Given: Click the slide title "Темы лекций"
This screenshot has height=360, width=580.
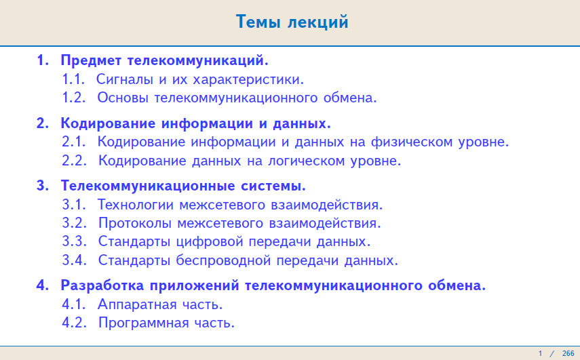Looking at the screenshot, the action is pyautogui.click(x=292, y=22).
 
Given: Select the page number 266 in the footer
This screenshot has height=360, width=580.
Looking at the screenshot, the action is pyautogui.click(x=568, y=353).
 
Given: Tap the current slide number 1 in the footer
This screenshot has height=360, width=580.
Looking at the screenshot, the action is pyautogui.click(x=540, y=353).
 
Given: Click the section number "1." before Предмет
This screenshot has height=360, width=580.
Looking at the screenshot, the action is pyautogui.click(x=43, y=60).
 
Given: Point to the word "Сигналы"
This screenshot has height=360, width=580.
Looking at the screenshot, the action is pyautogui.click(x=125, y=79).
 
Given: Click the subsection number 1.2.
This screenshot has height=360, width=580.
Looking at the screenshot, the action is pyautogui.click(x=74, y=98).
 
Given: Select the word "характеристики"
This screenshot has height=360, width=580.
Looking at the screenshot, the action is pyautogui.click(x=248, y=80).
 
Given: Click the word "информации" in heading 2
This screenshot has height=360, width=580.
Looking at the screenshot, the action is pyautogui.click(x=206, y=123).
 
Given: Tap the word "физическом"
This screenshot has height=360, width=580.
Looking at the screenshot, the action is pyautogui.click(x=412, y=142).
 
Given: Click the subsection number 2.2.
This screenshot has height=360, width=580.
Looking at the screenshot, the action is pyautogui.click(x=74, y=161).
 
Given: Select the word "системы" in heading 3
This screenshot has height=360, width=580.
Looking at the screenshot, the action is pyautogui.click(x=273, y=186).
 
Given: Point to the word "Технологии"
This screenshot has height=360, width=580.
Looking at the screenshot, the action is pyautogui.click(x=136, y=205).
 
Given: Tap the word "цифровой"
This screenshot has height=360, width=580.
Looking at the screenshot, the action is pyautogui.click(x=210, y=242).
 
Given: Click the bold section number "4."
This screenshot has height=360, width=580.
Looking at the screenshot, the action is pyautogui.click(x=43, y=285).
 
